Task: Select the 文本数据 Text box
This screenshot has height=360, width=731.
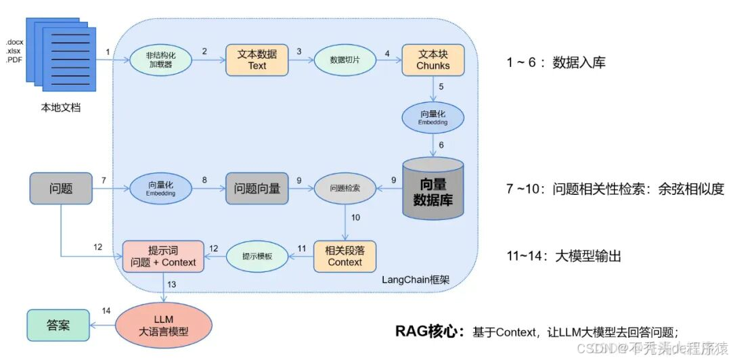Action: tap(257, 60)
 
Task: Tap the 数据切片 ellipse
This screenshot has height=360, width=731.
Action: tap(344, 60)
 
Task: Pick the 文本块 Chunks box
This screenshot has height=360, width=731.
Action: tap(433, 60)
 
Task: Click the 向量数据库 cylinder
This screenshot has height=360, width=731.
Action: tap(433, 189)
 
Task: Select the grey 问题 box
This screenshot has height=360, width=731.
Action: tap(61, 189)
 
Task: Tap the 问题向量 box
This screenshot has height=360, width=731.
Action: tap(257, 189)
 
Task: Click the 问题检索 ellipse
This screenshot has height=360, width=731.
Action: tap(345, 189)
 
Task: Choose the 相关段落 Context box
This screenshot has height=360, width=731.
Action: tap(345, 256)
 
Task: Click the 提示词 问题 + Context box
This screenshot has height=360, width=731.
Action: tap(162, 256)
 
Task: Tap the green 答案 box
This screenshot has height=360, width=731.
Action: tap(58, 325)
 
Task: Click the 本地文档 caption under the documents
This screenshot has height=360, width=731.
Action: tap(60, 107)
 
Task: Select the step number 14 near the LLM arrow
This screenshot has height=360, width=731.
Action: tap(106, 311)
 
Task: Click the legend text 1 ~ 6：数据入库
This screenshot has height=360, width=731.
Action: tap(556, 62)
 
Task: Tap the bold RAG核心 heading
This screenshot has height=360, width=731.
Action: tap(430, 331)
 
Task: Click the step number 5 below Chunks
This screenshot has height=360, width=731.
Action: tap(441, 87)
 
